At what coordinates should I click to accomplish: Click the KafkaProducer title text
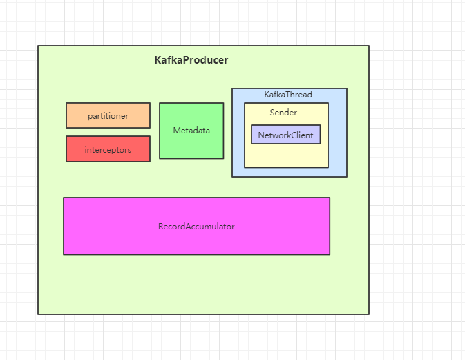click(191, 60)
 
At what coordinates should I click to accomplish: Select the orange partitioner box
click(108, 115)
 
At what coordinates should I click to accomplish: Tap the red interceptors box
click(108, 149)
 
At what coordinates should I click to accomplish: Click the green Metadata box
click(191, 131)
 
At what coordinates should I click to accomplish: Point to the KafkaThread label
click(288, 95)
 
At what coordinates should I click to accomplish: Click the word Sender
click(283, 112)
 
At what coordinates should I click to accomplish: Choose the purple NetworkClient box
click(285, 135)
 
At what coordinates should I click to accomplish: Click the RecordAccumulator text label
click(196, 226)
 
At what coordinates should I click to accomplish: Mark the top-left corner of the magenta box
click(64, 198)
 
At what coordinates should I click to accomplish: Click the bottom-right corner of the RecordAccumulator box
click(330, 254)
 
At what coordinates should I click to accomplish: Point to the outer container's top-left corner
click(38, 46)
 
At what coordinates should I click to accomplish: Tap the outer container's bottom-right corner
click(369, 314)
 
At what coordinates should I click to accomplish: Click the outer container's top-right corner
click(369, 46)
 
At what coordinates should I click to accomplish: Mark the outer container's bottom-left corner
click(38, 314)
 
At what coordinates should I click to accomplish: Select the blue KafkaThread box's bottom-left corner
click(232, 177)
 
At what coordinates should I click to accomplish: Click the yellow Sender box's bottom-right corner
click(328, 167)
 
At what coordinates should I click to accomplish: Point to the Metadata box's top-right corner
click(224, 103)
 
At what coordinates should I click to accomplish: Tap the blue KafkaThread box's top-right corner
click(347, 88)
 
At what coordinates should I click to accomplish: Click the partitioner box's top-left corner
click(66, 103)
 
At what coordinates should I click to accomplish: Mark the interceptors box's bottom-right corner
click(150, 162)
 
